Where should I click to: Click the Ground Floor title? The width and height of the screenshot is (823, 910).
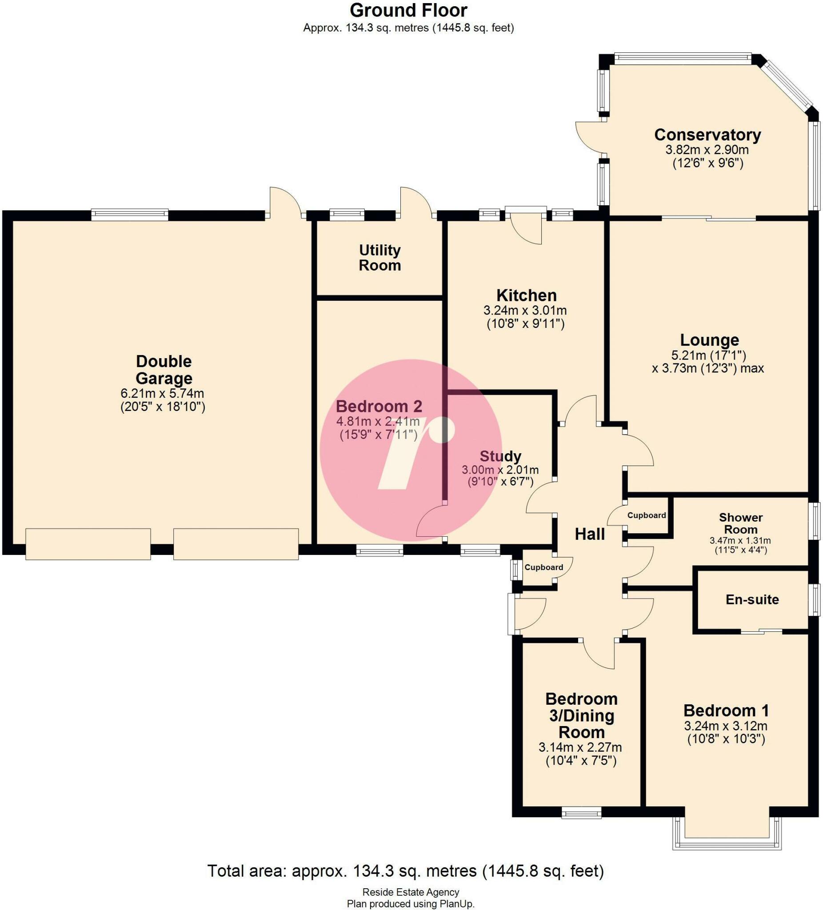tap(408, 10)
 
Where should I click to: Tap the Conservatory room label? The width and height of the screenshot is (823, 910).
tap(707, 135)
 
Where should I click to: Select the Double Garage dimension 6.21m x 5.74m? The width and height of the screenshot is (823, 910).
tap(163, 393)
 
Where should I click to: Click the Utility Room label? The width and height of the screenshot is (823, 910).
tap(380, 258)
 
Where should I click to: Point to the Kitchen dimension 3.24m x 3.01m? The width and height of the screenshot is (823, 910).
tap(525, 311)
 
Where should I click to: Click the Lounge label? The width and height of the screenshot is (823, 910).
tap(710, 339)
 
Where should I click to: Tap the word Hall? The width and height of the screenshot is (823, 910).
tap(590, 535)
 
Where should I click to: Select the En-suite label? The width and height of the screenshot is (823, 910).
tap(752, 599)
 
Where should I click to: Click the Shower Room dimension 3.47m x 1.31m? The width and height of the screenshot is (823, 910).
tap(740, 540)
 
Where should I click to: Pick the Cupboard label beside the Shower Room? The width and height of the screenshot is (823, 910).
tap(647, 515)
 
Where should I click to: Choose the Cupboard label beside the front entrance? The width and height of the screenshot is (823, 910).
tap(543, 567)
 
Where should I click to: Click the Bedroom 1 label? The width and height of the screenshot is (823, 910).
tap(726, 710)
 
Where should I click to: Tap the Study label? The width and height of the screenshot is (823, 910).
tap(500, 456)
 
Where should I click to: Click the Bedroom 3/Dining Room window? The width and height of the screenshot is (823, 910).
tap(581, 814)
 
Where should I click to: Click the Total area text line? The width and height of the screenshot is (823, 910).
tap(405, 870)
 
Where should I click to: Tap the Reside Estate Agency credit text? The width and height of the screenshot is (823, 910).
tap(410, 892)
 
